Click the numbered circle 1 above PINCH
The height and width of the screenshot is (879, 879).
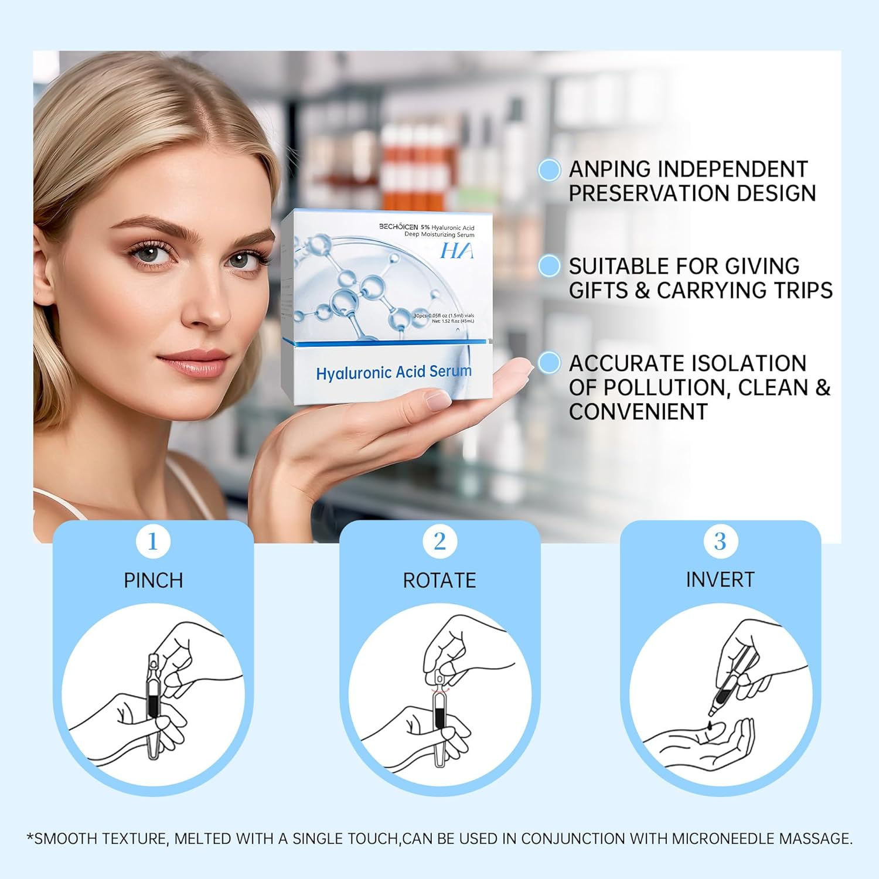[153, 541]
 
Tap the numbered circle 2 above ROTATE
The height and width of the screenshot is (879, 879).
[439, 541]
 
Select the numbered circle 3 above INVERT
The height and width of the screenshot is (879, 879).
[720, 541]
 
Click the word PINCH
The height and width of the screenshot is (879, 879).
[154, 580]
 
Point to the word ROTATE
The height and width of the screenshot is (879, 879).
[439, 580]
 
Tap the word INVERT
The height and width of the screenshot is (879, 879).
[720, 580]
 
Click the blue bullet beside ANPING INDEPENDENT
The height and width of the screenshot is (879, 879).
[549, 170]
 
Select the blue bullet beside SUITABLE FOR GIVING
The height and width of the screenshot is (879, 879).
[549, 266]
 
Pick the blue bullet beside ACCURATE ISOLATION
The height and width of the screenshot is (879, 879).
[549, 363]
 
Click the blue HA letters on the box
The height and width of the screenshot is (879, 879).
[456, 251]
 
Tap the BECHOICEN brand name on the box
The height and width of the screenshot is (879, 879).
[398, 226]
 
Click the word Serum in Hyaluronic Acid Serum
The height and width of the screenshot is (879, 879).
[450, 372]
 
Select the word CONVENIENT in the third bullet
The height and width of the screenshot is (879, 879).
[638, 412]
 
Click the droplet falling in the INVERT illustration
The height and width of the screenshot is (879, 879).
[711, 725]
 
